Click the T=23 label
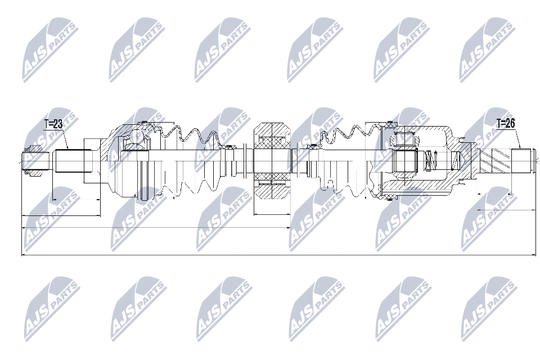click(53, 124)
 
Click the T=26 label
click(506, 123)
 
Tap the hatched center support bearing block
click(272, 161)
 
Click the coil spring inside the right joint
click(430, 161)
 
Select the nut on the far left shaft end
click(31, 160)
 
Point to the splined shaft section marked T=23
click(68, 161)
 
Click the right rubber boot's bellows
click(344, 161)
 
